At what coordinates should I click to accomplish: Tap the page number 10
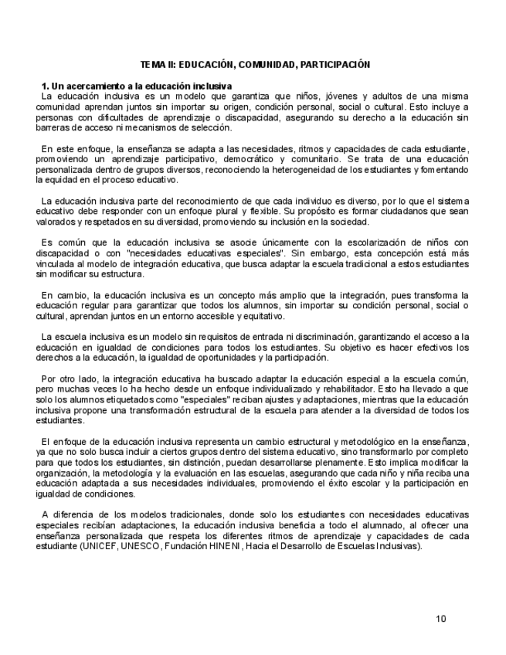click(x=441, y=618)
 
